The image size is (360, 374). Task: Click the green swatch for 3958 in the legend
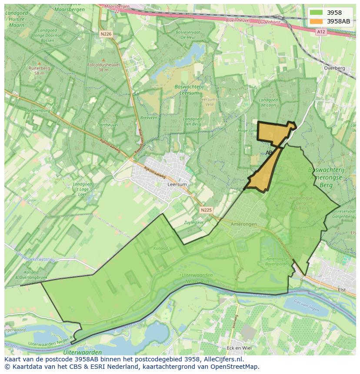click(x=316, y=13)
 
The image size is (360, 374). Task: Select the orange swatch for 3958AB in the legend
click(x=316, y=21)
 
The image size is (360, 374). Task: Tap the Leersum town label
click(x=177, y=184)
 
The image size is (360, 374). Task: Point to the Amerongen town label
click(x=244, y=224)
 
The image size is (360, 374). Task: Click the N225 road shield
click(x=207, y=210)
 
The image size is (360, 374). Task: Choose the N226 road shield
click(x=106, y=33)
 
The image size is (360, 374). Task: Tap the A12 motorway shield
click(x=321, y=32)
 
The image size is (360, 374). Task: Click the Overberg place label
click(x=334, y=68)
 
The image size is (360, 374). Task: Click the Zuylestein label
click(x=194, y=222)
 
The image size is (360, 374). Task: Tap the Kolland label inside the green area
click(x=160, y=248)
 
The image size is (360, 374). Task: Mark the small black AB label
click(x=269, y=153)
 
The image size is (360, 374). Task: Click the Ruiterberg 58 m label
click(x=37, y=71)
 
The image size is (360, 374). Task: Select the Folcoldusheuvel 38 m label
click(x=103, y=67)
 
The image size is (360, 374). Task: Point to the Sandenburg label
click(x=38, y=111)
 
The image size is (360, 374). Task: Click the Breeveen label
click(x=149, y=118)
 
